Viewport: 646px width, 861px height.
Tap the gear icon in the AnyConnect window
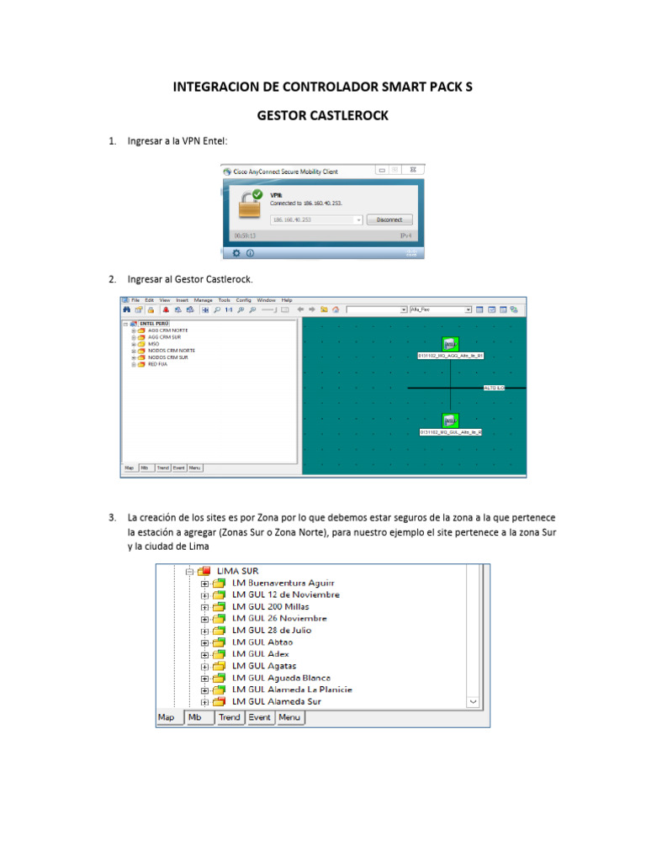pos(236,252)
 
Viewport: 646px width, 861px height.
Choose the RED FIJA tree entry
pos(157,364)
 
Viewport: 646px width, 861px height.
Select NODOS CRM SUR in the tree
pos(168,357)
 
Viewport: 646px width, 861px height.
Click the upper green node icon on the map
pos(450,343)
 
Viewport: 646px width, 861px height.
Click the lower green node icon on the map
pos(450,420)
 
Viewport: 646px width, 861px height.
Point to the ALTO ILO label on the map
pos(494,388)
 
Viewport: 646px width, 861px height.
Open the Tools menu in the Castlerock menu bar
pos(224,300)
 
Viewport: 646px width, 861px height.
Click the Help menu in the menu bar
pos(287,300)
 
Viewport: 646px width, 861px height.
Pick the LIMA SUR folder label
pos(238,571)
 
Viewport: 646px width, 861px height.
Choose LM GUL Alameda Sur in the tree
pos(277,701)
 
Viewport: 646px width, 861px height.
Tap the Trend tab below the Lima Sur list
pos(230,717)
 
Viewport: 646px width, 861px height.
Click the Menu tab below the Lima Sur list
pos(289,717)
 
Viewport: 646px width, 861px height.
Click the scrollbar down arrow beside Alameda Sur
pos(473,701)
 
